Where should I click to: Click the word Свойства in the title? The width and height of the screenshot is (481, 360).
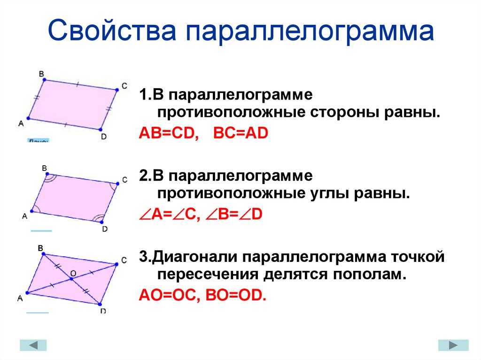pyautogui.click(x=112, y=30)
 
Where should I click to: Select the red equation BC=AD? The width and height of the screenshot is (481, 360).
pyautogui.click(x=240, y=133)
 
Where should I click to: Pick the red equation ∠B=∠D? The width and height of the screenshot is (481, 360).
pyautogui.click(x=234, y=214)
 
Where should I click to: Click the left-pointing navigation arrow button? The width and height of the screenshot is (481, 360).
pyautogui.click(x=33, y=345)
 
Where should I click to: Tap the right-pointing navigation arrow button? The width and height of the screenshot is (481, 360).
pyautogui.click(x=453, y=345)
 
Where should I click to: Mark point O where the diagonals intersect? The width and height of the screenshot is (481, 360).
pyautogui.click(x=71, y=279)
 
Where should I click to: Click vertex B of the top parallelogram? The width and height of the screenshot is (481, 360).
pyautogui.click(x=44, y=80)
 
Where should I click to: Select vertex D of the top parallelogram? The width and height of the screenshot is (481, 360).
pyautogui.click(x=101, y=130)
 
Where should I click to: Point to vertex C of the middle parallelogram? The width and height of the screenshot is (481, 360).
pyautogui.click(x=118, y=184)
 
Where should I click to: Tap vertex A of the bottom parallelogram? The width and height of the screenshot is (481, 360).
pyautogui.click(x=27, y=293)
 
